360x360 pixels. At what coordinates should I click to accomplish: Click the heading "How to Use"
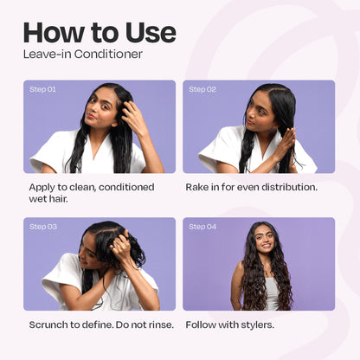pyautogui.click(x=100, y=33)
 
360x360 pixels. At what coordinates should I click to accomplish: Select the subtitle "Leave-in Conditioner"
pyautogui.click(x=83, y=55)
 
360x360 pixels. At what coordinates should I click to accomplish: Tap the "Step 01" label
pyautogui.click(x=42, y=89)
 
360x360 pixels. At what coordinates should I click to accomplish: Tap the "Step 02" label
pyautogui.click(x=202, y=89)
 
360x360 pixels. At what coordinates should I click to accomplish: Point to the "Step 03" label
pyautogui.click(x=43, y=227)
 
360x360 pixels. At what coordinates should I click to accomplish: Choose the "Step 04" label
pyautogui.click(x=202, y=227)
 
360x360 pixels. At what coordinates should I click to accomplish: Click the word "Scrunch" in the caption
pyautogui.click(x=48, y=325)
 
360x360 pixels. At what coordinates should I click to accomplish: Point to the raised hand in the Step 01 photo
pyautogui.click(x=135, y=117)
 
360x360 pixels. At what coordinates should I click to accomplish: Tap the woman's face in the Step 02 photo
pyautogui.click(x=258, y=115)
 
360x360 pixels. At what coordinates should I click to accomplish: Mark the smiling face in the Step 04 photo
pyautogui.click(x=264, y=241)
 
